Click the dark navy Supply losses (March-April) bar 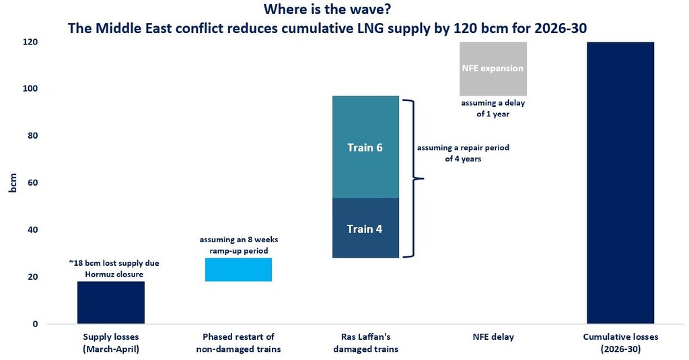[110, 302]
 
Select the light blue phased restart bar [238, 269]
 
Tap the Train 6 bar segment [365, 147]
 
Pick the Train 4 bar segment [365, 228]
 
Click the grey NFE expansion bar [493, 69]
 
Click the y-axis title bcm [13, 182]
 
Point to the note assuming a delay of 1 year [493, 108]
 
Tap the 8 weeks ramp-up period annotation [238, 245]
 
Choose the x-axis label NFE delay [493, 337]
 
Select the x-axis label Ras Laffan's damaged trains [365, 343]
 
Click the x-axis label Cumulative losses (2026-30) [620, 343]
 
